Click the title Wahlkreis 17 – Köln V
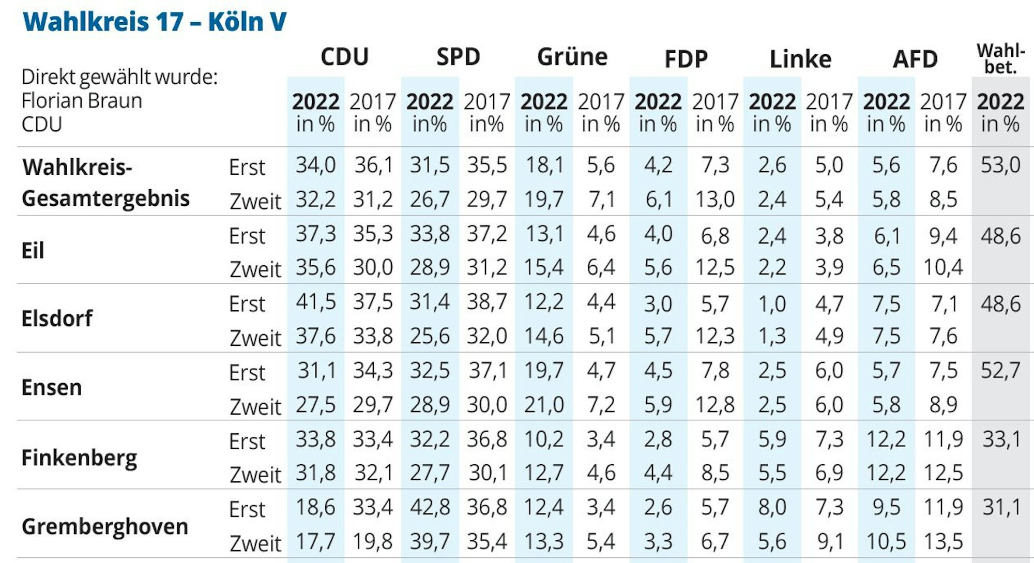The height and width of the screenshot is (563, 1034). [154, 22]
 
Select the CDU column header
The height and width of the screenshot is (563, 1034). [344, 57]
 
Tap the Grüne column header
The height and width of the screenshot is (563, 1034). [572, 57]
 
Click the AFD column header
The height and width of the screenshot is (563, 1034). [915, 59]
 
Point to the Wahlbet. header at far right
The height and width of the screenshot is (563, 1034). [1000, 59]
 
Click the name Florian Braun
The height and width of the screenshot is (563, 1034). [82, 101]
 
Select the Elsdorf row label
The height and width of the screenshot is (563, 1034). [57, 318]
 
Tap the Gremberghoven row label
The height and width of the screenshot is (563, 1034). [104, 527]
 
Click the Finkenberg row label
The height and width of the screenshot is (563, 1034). [79, 458]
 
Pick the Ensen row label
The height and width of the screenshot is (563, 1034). [51, 387]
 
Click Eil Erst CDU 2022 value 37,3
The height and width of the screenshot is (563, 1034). [315, 234]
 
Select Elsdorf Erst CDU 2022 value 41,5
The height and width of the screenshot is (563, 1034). [315, 302]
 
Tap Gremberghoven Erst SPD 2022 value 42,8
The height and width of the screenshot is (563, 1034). [430, 507]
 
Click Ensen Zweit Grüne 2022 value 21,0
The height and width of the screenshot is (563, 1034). [543, 404]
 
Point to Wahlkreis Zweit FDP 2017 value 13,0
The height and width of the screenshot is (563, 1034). [714, 199]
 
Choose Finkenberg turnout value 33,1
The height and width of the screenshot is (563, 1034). [1000, 439]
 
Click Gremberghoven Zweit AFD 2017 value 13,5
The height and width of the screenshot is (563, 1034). [943, 541]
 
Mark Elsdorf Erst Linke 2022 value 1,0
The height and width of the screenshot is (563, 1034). [772, 303]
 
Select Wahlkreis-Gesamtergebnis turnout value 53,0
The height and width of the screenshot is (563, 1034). [1000, 165]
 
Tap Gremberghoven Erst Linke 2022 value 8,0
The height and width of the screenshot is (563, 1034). [772, 507]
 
